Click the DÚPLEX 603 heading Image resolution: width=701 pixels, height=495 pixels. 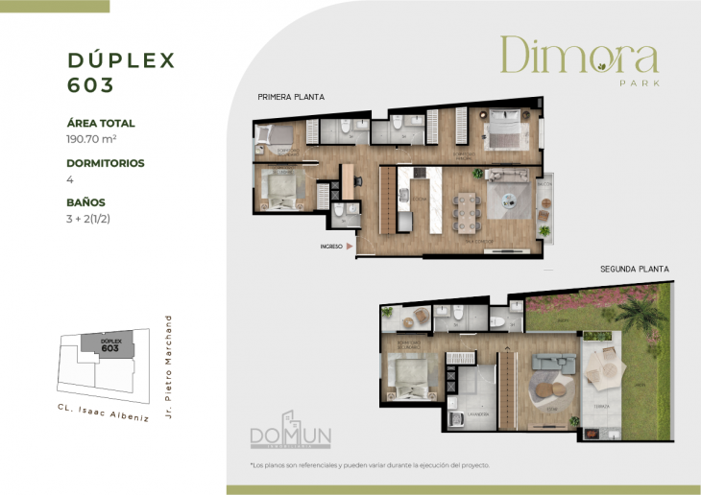pos(121,72)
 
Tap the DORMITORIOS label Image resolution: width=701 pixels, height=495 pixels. pos(106,163)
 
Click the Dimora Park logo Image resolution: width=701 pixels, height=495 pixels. pos(579,59)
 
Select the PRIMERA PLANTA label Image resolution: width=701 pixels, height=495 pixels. pos(290,98)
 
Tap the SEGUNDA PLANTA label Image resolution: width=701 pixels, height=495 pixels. pos(634,270)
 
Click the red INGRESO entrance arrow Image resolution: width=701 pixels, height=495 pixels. pos(350,247)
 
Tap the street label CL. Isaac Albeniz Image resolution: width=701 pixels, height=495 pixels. pos(101,417)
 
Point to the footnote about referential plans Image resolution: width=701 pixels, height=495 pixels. pos(370,465)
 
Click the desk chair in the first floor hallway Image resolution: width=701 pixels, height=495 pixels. pos(348,180)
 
